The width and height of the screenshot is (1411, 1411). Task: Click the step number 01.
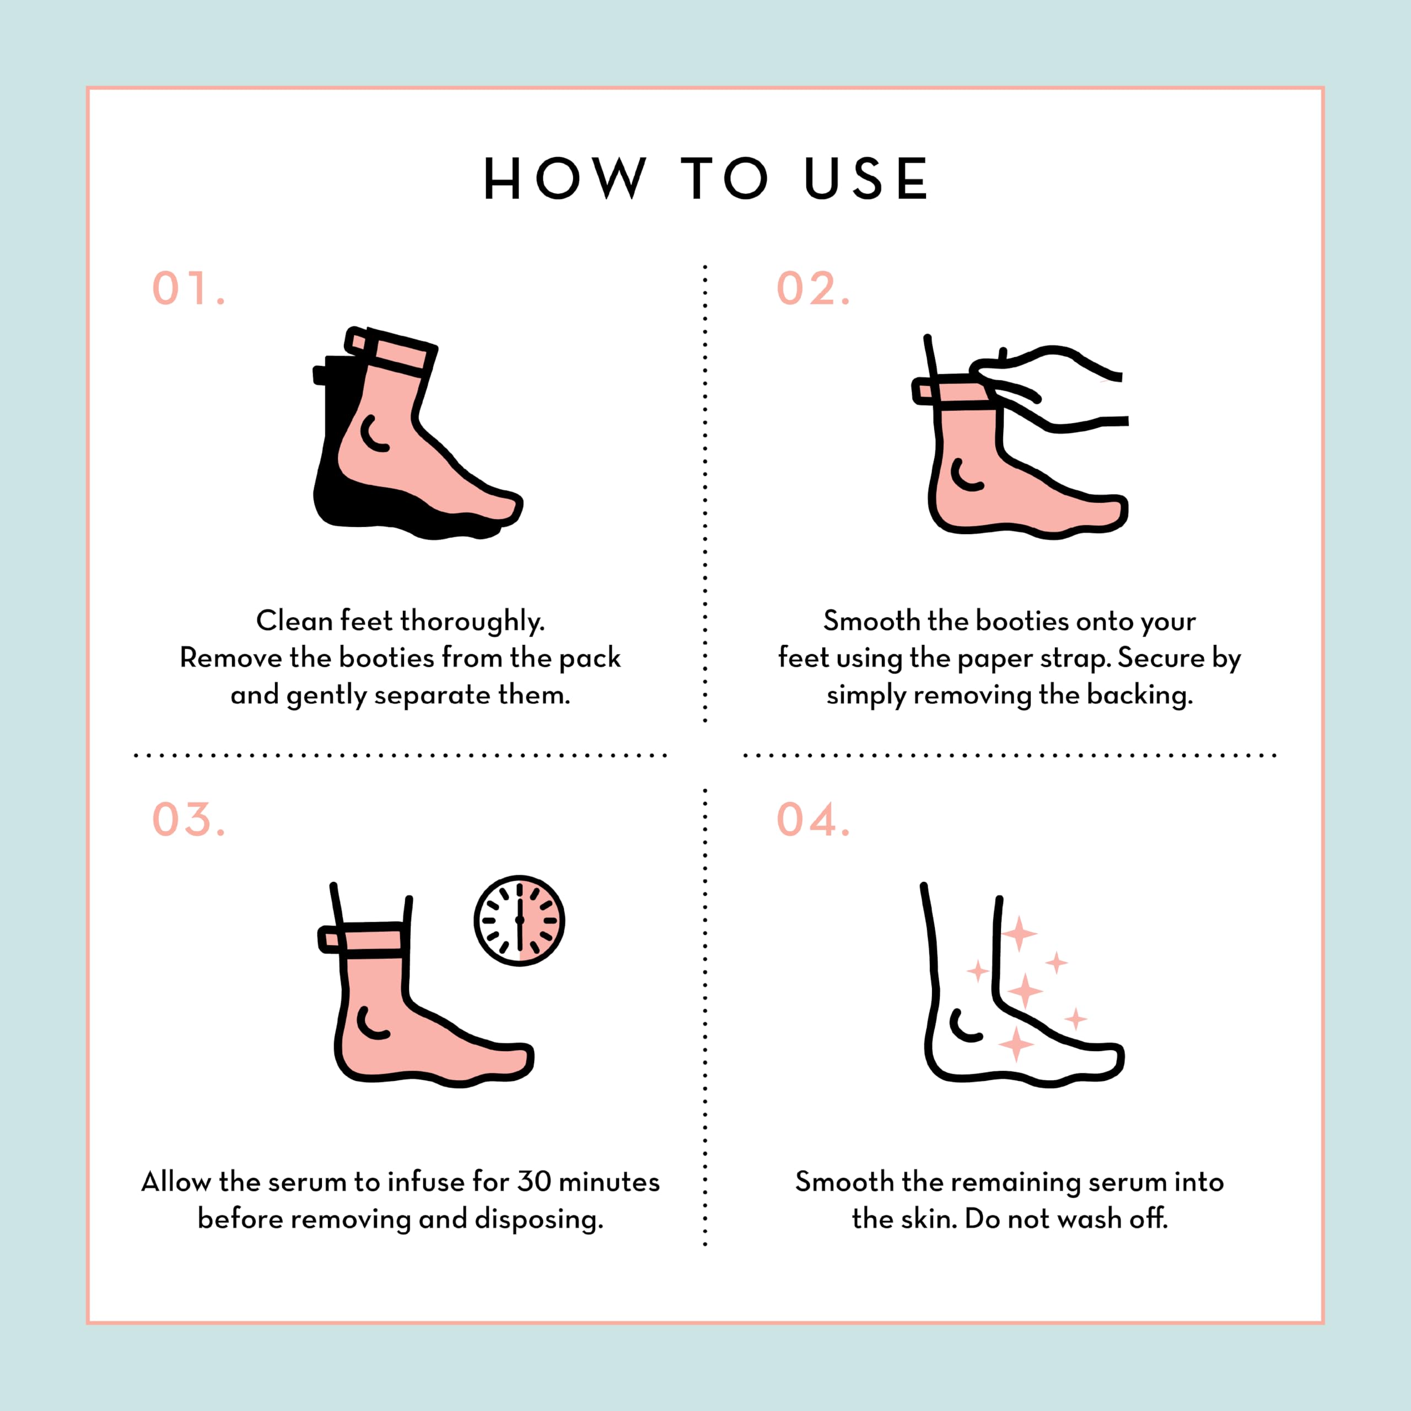pos(189,288)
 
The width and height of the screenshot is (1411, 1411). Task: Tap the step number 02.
pos(813,288)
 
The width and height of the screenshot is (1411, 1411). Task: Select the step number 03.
pos(189,820)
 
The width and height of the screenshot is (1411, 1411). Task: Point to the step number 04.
pos(813,820)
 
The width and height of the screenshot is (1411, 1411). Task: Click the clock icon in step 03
pos(519,920)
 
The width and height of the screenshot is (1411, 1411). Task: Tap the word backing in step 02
pos(1140,695)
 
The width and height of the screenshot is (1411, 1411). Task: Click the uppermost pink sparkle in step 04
pos(1019,933)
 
